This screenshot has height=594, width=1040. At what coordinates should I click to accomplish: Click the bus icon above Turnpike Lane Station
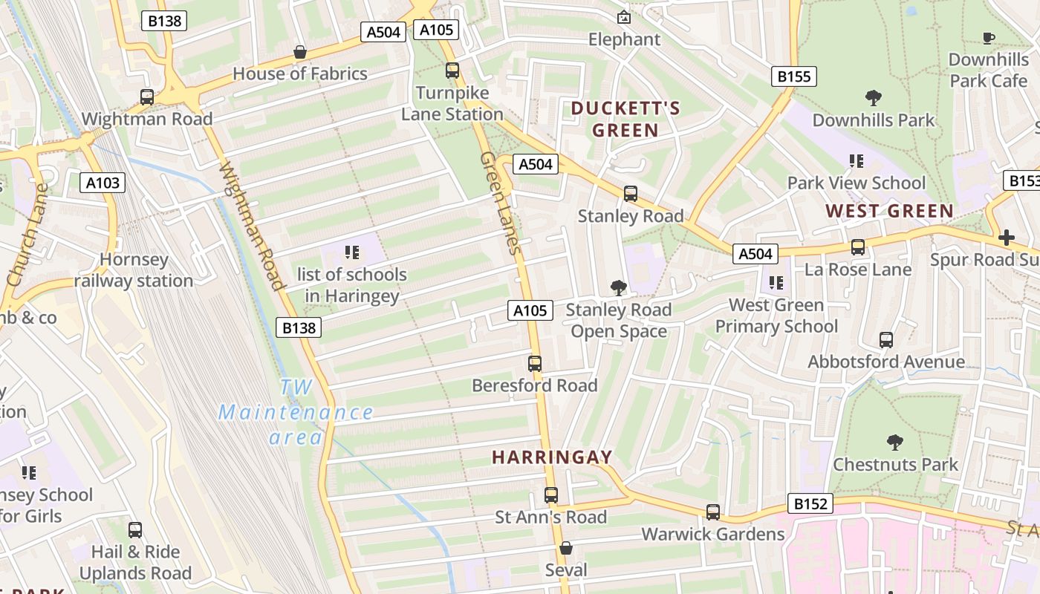pyautogui.click(x=452, y=71)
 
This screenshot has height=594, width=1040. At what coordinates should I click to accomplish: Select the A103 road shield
pyautogui.click(x=103, y=183)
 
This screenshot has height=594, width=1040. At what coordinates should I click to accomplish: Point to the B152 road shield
pyautogui.click(x=810, y=504)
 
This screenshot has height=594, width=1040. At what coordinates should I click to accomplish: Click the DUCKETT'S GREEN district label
pyautogui.click(x=625, y=120)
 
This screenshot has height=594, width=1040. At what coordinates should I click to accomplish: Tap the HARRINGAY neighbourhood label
pyautogui.click(x=552, y=457)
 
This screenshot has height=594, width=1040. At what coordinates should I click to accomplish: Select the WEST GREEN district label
pyautogui.click(x=889, y=212)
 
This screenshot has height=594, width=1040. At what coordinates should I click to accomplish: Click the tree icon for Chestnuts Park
pyautogui.click(x=895, y=443)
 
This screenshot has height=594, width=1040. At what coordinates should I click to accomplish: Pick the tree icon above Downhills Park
pyautogui.click(x=874, y=97)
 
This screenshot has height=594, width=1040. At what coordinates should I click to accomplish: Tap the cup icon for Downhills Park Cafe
pyautogui.click(x=988, y=38)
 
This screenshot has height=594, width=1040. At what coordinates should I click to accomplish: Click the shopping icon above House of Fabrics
pyautogui.click(x=300, y=52)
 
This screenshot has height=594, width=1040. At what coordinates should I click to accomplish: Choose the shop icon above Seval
pyautogui.click(x=565, y=548)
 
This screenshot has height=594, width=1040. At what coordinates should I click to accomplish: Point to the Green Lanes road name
pyautogui.click(x=498, y=203)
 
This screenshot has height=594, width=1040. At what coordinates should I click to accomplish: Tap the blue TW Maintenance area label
pyautogui.click(x=296, y=412)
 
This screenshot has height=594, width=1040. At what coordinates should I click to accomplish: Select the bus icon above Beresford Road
pyautogui.click(x=534, y=364)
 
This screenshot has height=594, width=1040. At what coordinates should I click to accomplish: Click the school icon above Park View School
pyautogui.click(x=856, y=161)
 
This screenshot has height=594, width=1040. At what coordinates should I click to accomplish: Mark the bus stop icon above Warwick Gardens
pyautogui.click(x=712, y=512)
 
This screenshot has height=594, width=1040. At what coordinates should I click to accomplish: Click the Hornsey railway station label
pyautogui.click(x=134, y=270)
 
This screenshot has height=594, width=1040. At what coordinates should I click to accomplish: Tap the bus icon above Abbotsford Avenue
pyautogui.click(x=885, y=340)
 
